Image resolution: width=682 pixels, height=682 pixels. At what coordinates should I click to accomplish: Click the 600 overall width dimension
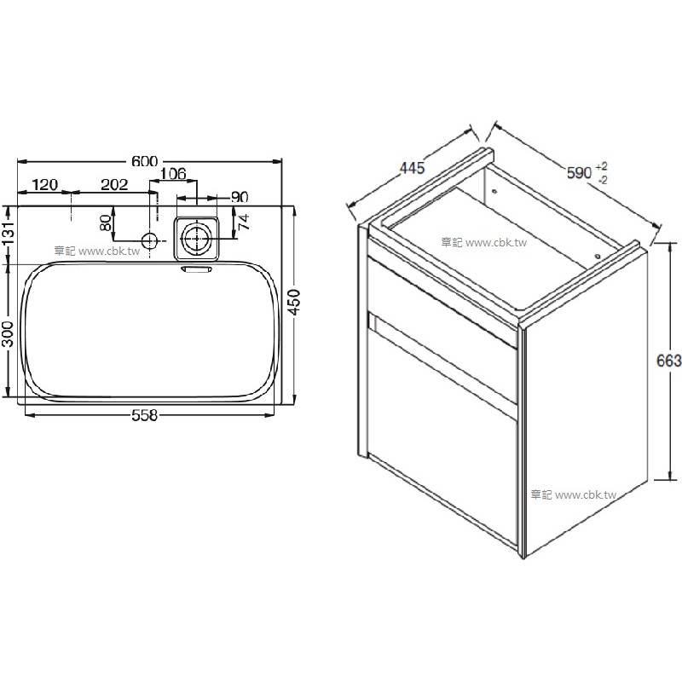tap(144, 161)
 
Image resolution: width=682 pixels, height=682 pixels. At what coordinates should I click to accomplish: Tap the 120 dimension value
tap(45, 185)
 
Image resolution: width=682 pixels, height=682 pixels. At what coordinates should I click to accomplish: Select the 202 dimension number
tap(114, 185)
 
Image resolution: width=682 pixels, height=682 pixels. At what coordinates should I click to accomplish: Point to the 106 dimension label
tap(173, 174)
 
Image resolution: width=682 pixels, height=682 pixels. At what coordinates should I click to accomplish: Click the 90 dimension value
tap(240, 197)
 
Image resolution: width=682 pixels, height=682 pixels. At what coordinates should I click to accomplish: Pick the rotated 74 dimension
tap(244, 222)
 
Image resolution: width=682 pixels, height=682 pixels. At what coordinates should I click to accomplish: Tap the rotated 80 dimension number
tap(106, 223)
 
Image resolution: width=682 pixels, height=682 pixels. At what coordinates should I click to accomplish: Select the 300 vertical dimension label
tap(9, 333)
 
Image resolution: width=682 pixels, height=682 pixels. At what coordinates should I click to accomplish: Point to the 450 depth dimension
tap(294, 303)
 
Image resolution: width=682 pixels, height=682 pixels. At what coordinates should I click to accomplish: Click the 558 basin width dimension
tap(144, 415)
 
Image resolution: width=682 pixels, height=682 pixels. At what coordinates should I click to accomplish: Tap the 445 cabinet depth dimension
tap(412, 167)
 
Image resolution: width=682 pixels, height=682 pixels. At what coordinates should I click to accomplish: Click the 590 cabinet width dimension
tap(580, 173)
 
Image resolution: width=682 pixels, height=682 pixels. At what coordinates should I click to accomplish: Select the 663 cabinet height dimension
tap(669, 361)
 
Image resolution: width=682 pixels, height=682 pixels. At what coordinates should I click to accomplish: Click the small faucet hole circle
tap(150, 240)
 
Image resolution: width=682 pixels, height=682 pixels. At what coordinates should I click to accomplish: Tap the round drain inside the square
tap(197, 239)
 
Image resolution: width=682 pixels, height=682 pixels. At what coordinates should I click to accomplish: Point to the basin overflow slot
tap(197, 270)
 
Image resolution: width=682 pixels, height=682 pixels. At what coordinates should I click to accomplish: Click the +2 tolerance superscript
tap(602, 166)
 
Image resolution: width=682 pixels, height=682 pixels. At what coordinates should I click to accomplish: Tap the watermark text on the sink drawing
tap(97, 251)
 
